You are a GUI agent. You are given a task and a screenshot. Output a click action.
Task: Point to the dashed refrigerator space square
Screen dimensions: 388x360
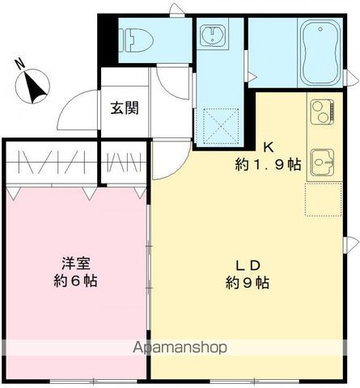click(321, 199)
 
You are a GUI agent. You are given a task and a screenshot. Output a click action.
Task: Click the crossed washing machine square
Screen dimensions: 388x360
click(220, 125)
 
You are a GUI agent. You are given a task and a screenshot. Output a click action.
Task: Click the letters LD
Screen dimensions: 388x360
click(246, 264)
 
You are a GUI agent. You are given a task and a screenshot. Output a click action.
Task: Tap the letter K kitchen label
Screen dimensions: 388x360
click(269, 146)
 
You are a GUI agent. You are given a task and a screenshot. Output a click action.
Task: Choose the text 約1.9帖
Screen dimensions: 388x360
click(269, 165)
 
